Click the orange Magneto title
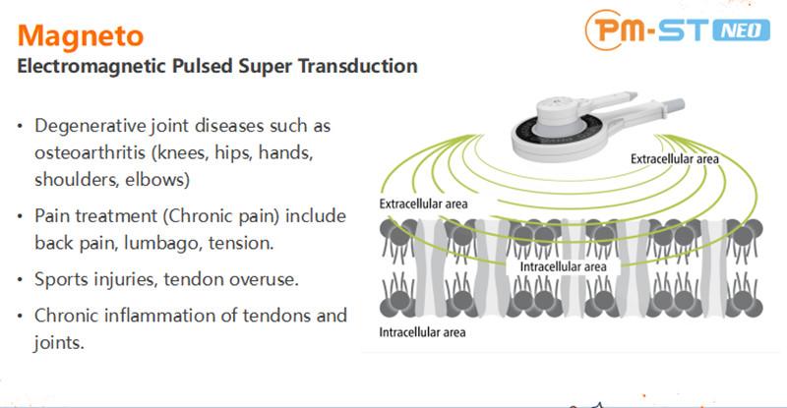tap(82, 36)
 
